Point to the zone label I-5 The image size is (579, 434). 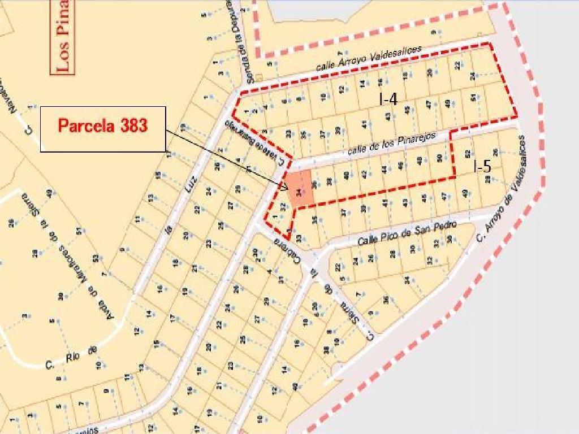(x=482, y=167)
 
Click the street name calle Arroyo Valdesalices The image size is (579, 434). (x=369, y=59)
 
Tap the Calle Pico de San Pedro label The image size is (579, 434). (x=407, y=233)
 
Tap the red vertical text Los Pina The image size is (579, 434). (x=64, y=37)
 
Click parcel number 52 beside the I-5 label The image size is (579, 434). (x=467, y=153)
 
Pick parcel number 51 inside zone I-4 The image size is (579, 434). (x=473, y=98)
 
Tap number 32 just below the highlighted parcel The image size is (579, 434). (x=283, y=206)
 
